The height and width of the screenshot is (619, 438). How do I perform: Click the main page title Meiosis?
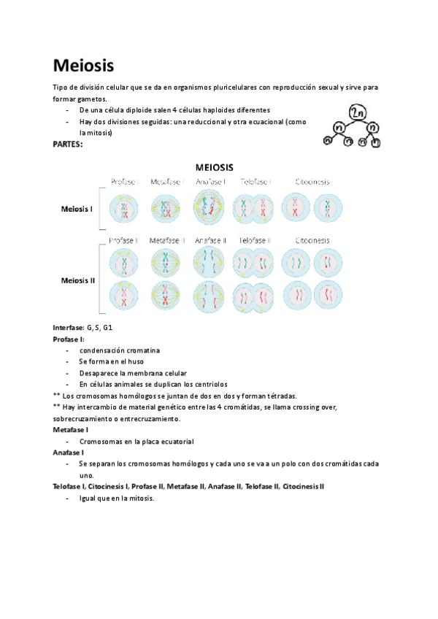tap(84, 66)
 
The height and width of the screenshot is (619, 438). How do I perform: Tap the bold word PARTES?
tap(68, 145)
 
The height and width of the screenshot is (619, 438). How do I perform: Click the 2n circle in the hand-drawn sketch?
tap(358, 112)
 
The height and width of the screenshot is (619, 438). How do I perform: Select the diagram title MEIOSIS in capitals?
tap(214, 166)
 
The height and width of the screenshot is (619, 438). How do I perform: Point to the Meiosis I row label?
tap(77, 209)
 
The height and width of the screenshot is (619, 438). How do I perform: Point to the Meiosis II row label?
tap(78, 280)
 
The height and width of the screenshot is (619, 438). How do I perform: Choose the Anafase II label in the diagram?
tap(211, 240)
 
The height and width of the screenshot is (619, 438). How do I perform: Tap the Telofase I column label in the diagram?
tap(255, 181)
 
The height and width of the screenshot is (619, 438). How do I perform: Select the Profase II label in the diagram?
tap(125, 240)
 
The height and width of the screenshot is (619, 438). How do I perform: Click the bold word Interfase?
tap(69, 328)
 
